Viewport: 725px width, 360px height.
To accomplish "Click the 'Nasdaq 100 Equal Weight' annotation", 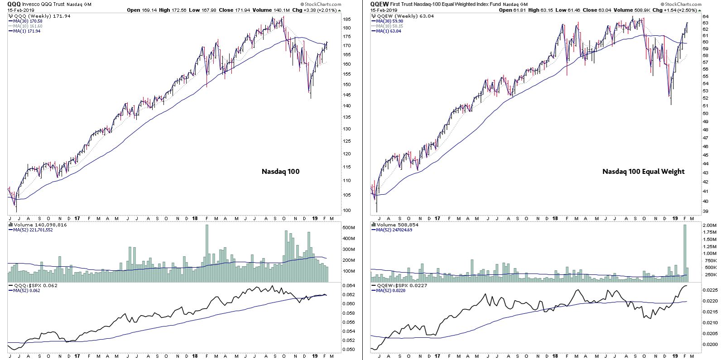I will click(643, 172).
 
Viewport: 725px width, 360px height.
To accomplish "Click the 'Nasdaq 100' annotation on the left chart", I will click(280, 172).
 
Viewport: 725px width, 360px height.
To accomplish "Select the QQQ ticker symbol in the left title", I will click(14, 4).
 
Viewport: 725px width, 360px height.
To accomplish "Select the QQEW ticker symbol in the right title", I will click(379, 4).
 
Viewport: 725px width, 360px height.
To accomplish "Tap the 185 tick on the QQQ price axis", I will click(346, 19).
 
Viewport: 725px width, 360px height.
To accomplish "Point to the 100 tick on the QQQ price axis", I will click(346, 211).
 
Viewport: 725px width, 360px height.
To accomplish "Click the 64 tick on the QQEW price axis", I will click(705, 17).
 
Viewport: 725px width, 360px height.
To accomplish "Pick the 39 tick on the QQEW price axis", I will click(705, 211).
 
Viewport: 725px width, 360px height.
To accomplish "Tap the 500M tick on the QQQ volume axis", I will click(348, 228).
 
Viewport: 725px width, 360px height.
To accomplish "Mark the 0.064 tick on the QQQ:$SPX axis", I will click(348, 286).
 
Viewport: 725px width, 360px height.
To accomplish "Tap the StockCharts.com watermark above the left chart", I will click(322, 5).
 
